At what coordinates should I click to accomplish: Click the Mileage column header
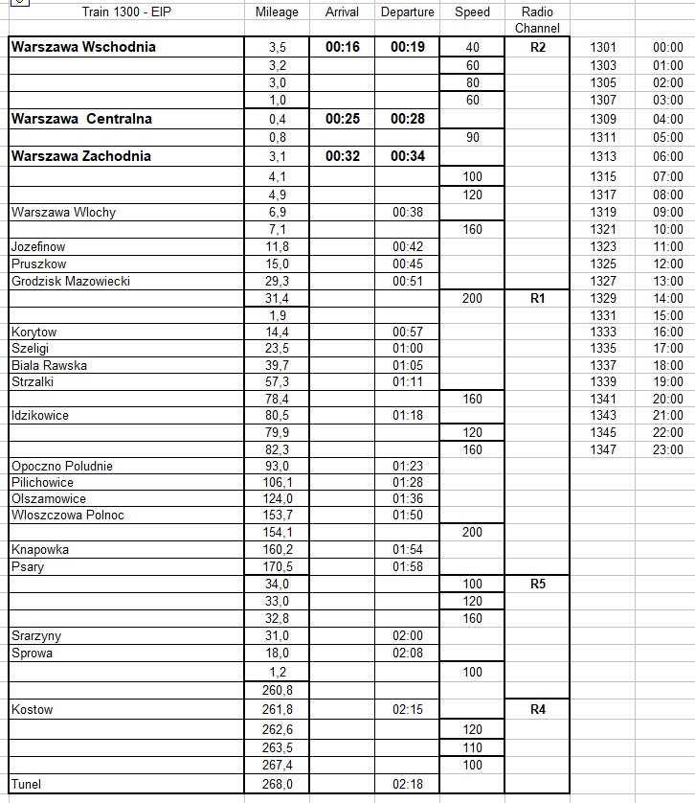[x=278, y=12]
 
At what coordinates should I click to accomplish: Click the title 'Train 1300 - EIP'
[x=127, y=12]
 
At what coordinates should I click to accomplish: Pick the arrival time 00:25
[x=342, y=119]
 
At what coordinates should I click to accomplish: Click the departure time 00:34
[x=407, y=155]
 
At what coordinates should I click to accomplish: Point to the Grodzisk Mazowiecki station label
[x=70, y=281]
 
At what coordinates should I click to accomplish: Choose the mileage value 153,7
[x=278, y=516]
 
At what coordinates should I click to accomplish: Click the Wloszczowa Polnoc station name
[x=68, y=516]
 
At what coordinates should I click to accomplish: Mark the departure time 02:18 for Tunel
[x=407, y=785]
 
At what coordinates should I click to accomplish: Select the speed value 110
[x=472, y=746]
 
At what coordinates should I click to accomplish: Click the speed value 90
[x=472, y=137]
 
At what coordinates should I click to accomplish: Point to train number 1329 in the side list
[x=605, y=299]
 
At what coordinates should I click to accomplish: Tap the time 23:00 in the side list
[x=667, y=448]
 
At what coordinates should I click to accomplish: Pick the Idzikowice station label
[x=40, y=416]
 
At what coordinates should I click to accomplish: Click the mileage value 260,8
[x=278, y=690]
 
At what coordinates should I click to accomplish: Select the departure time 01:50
[x=407, y=516]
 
